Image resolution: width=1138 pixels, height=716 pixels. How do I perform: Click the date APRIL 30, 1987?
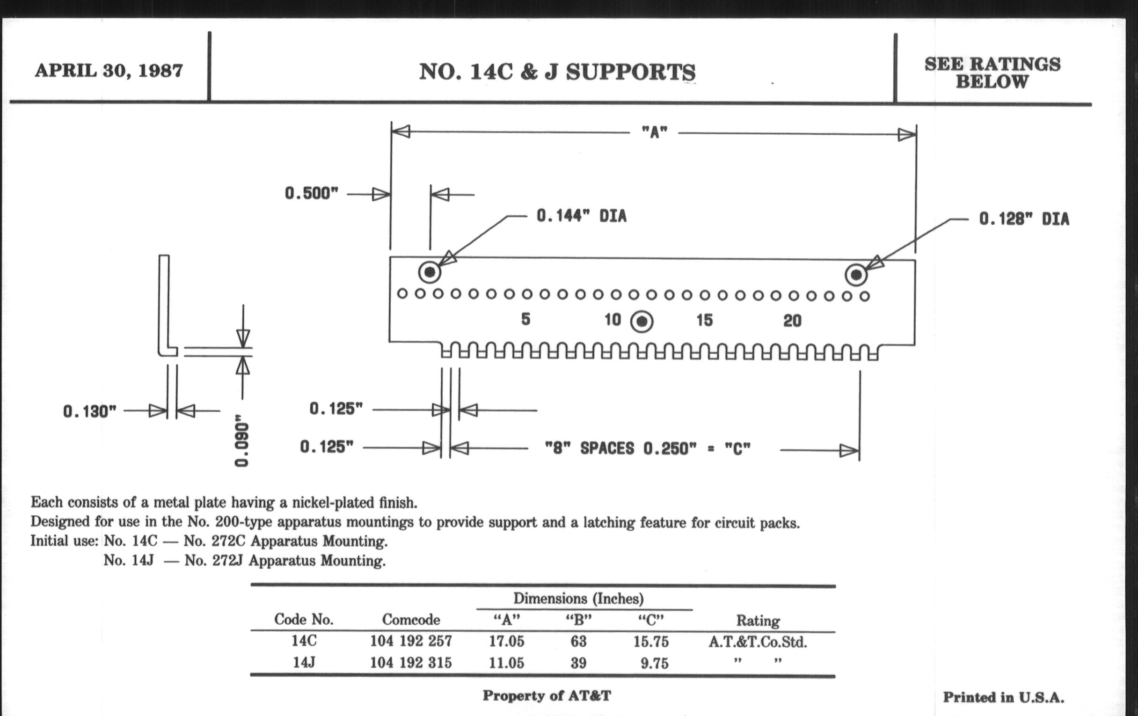(109, 71)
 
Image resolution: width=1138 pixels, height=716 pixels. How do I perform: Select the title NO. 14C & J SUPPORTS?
(557, 72)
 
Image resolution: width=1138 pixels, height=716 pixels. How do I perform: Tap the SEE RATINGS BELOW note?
(992, 73)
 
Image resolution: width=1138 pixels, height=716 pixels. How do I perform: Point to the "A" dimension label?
(654, 132)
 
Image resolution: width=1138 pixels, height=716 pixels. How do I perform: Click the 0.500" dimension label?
(312, 193)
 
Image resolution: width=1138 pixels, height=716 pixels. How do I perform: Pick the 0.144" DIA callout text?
(581, 217)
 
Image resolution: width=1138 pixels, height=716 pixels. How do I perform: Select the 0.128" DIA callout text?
(1024, 219)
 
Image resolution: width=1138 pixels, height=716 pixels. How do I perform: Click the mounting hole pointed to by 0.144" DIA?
(430, 272)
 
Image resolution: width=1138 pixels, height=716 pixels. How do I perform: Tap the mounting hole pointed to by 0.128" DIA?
(856, 275)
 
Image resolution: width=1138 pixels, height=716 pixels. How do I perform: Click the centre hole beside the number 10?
(642, 322)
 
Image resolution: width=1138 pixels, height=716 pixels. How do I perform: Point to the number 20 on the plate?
(793, 321)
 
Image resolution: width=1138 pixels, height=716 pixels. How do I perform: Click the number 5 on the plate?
(525, 320)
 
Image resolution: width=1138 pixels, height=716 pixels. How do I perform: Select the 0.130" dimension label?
(90, 411)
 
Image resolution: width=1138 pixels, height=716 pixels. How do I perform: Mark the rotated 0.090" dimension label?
(241, 440)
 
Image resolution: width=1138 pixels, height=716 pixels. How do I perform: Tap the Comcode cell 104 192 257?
(411, 641)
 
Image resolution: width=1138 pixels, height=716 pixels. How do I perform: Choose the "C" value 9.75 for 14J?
(655, 664)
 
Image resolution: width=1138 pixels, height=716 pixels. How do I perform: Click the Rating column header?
(758, 621)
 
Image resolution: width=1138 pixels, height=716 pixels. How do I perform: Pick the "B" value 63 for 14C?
(578, 641)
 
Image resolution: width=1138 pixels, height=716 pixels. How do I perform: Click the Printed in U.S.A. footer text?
(1003, 697)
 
